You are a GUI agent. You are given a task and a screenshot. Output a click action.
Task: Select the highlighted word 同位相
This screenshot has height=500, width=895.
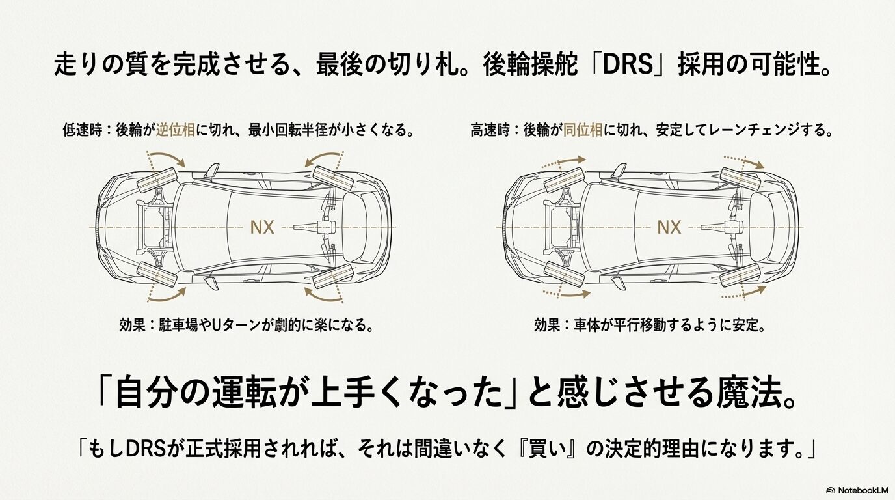[x=582, y=130]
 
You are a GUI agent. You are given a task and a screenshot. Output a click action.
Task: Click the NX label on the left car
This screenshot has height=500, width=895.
[x=263, y=227]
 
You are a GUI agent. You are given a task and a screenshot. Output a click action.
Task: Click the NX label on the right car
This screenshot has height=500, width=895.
[x=669, y=227]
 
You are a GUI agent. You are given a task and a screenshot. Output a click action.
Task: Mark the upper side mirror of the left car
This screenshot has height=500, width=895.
[x=212, y=171]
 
